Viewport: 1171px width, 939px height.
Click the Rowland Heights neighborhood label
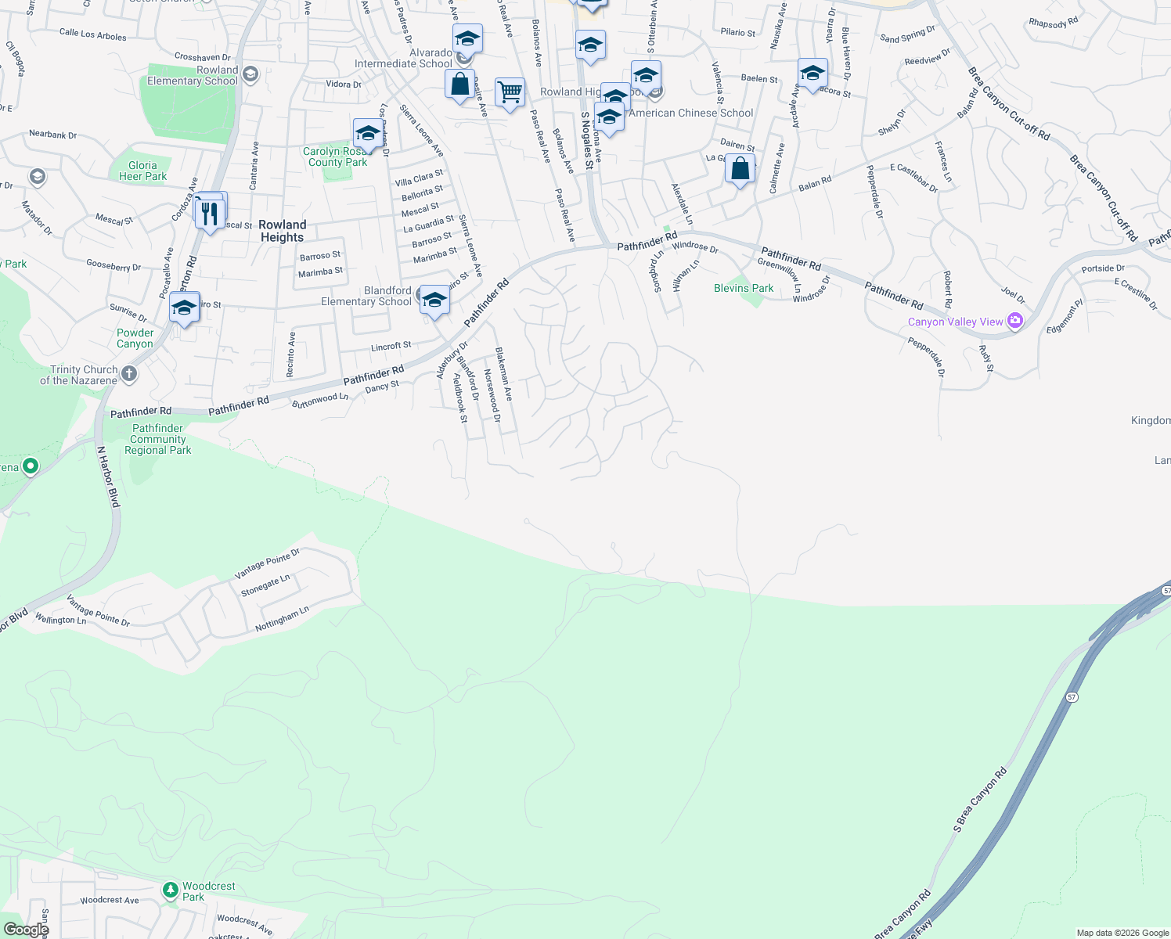point(282,231)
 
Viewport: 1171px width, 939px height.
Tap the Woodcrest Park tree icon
point(171,890)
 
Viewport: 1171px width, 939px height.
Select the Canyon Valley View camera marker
point(1015,322)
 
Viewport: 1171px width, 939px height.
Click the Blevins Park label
point(744,289)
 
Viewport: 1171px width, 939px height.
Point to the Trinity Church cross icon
point(129,375)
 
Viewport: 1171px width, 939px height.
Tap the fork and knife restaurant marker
point(210,213)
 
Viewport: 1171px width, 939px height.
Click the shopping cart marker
point(510,92)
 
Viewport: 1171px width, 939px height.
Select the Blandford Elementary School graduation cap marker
point(434,300)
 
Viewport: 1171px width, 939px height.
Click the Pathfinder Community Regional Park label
point(158,439)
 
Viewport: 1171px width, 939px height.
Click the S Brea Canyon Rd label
point(980,799)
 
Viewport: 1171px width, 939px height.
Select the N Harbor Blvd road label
point(109,477)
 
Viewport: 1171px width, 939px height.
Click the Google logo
point(26,929)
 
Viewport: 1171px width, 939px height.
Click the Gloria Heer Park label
point(142,171)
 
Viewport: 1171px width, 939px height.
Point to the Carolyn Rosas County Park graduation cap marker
point(367,134)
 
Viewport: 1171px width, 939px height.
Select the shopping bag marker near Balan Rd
point(740,168)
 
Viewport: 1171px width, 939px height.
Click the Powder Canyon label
point(135,338)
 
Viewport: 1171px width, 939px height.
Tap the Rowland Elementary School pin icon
point(250,74)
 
